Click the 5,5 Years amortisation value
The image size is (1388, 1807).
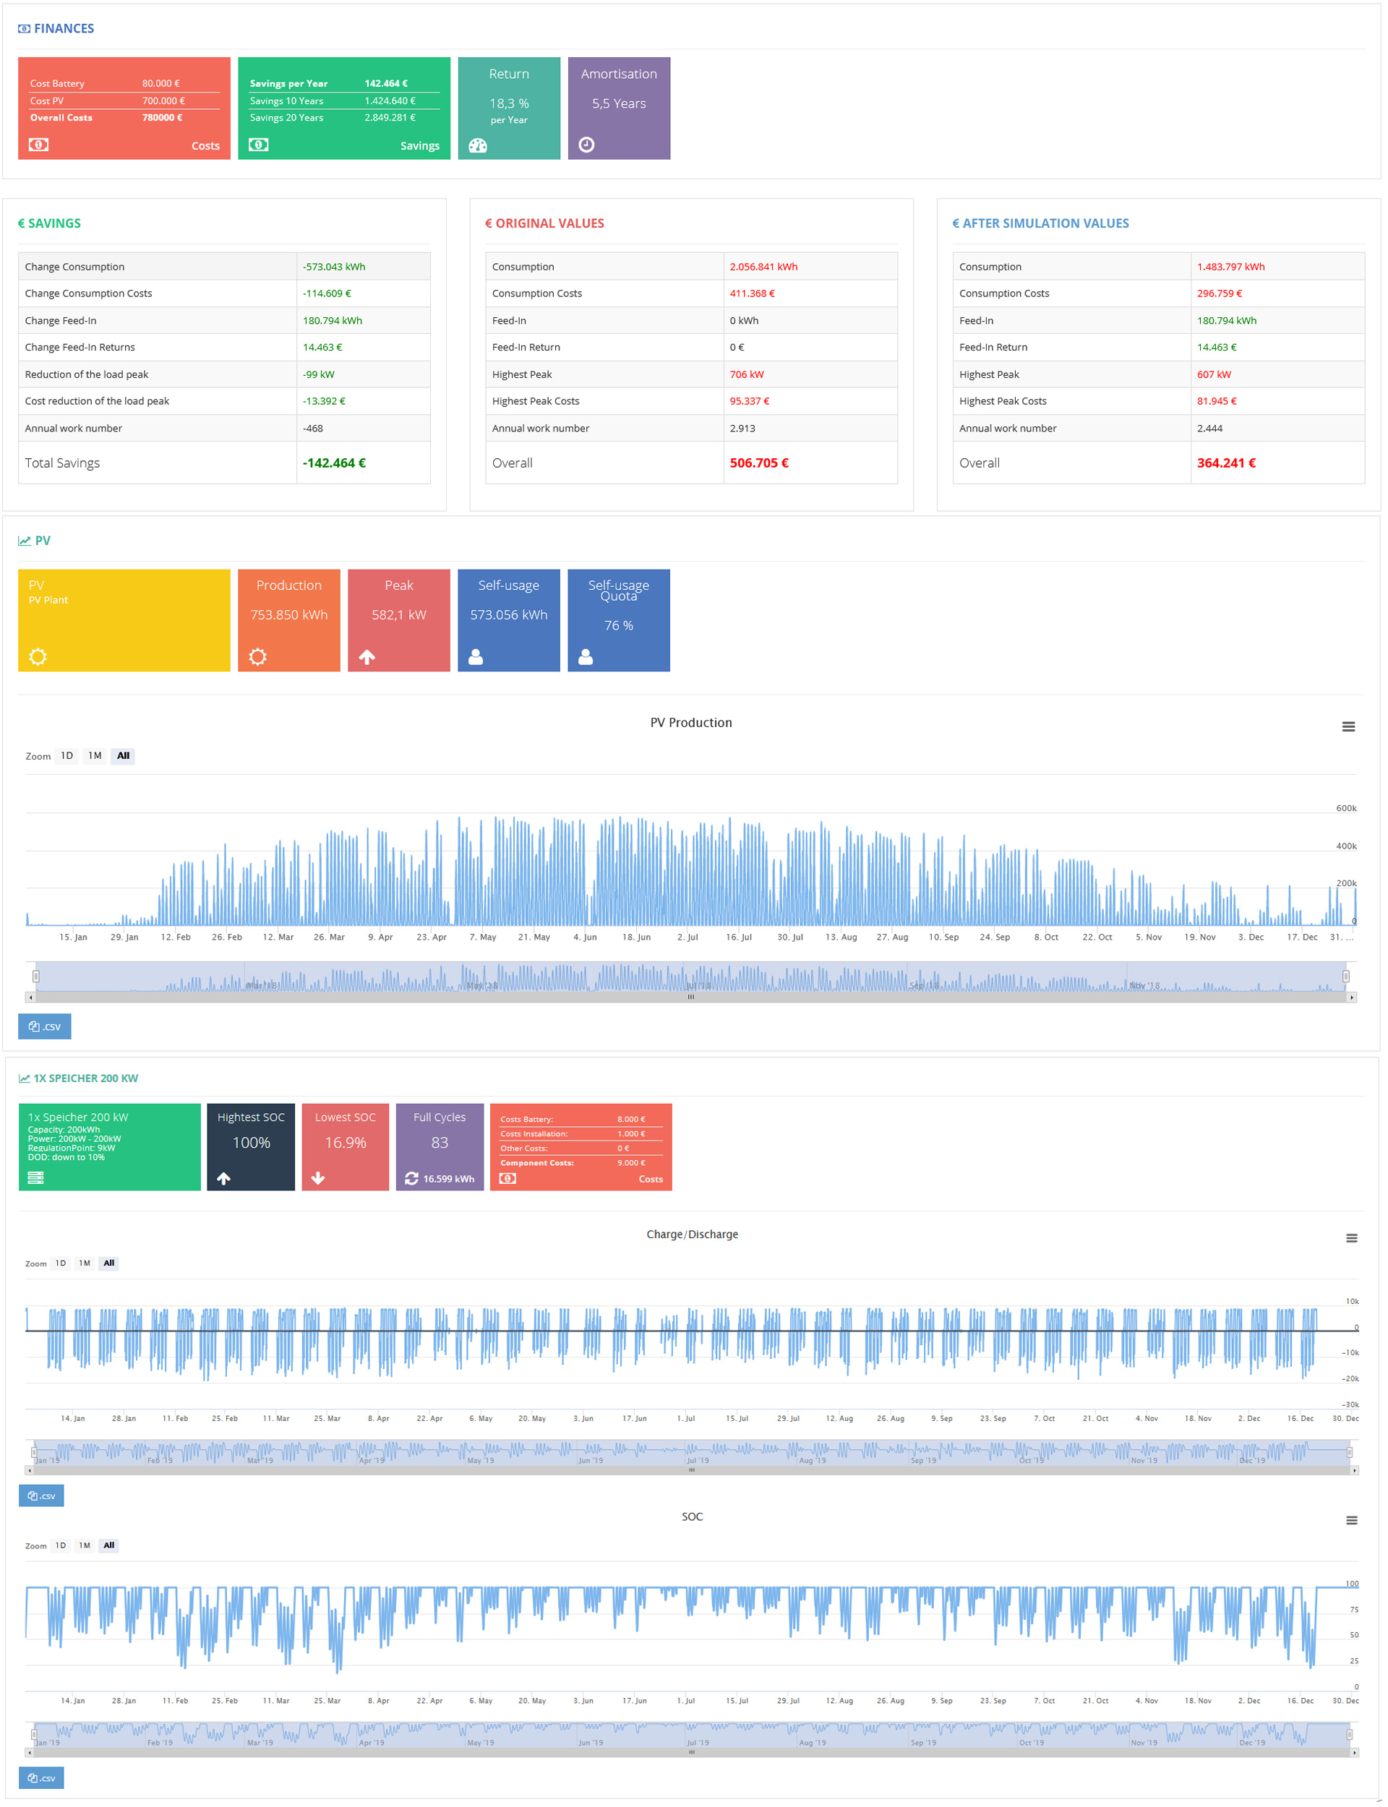[618, 103]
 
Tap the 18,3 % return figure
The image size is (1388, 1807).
[508, 103]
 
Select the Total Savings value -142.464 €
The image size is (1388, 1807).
[334, 463]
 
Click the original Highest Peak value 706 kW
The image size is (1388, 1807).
[746, 374]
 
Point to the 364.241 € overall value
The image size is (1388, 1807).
[1225, 463]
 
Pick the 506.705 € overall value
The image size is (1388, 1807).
[758, 463]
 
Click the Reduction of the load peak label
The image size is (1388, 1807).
[87, 374]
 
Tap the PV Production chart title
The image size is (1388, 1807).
[690, 723]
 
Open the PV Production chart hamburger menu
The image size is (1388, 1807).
[1348, 726]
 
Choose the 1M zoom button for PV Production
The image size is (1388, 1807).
[95, 755]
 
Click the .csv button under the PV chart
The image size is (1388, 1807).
[45, 1026]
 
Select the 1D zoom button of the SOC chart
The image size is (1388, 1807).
[60, 1545]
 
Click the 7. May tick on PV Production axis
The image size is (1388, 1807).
[482, 937]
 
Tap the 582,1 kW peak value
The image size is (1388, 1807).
[398, 614]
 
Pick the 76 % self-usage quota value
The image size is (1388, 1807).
[618, 625]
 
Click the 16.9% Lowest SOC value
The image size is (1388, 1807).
[345, 1142]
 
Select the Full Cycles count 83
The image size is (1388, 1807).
[440, 1142]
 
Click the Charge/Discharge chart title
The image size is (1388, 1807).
[692, 1234]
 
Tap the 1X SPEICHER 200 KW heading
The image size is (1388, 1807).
[85, 1078]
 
